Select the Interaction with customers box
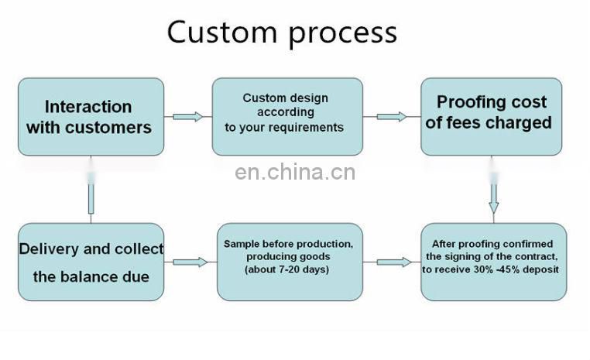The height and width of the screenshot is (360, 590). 91,116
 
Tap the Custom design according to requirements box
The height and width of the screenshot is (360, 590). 286,116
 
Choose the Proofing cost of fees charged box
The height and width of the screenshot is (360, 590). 491,116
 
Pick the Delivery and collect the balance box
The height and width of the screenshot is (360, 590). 91,262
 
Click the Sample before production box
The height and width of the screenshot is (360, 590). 289,262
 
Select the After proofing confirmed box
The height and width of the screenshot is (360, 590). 493,262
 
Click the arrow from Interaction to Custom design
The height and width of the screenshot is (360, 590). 187,117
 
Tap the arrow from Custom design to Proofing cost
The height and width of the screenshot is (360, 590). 391,117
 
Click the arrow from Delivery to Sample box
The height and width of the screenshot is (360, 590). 190,262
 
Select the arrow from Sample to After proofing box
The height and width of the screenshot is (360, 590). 393,262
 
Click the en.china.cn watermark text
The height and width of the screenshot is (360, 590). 295,172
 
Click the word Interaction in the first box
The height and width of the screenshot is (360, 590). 88,107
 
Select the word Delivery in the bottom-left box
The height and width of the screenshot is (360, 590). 48,249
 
